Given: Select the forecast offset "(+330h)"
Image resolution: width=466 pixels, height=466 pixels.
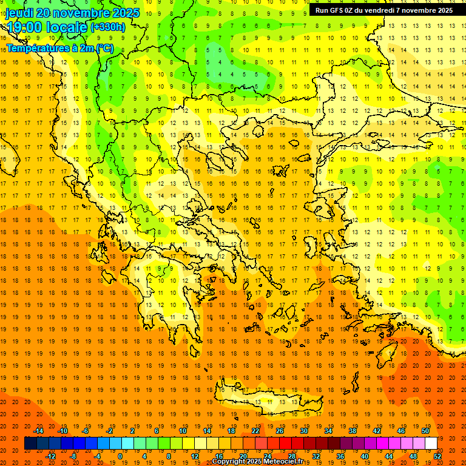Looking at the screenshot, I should [107, 27].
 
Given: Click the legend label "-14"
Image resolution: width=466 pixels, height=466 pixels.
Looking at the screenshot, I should [38, 431].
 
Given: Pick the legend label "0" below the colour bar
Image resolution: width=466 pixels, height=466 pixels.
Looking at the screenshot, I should [120, 456].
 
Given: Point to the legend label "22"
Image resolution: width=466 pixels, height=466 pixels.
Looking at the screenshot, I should [255, 431].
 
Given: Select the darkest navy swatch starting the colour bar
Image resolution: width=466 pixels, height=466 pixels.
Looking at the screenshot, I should [30, 443].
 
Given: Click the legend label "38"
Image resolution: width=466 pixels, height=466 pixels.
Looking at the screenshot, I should [353, 431].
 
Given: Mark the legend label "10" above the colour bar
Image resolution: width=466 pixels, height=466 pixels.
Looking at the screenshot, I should [183, 431].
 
